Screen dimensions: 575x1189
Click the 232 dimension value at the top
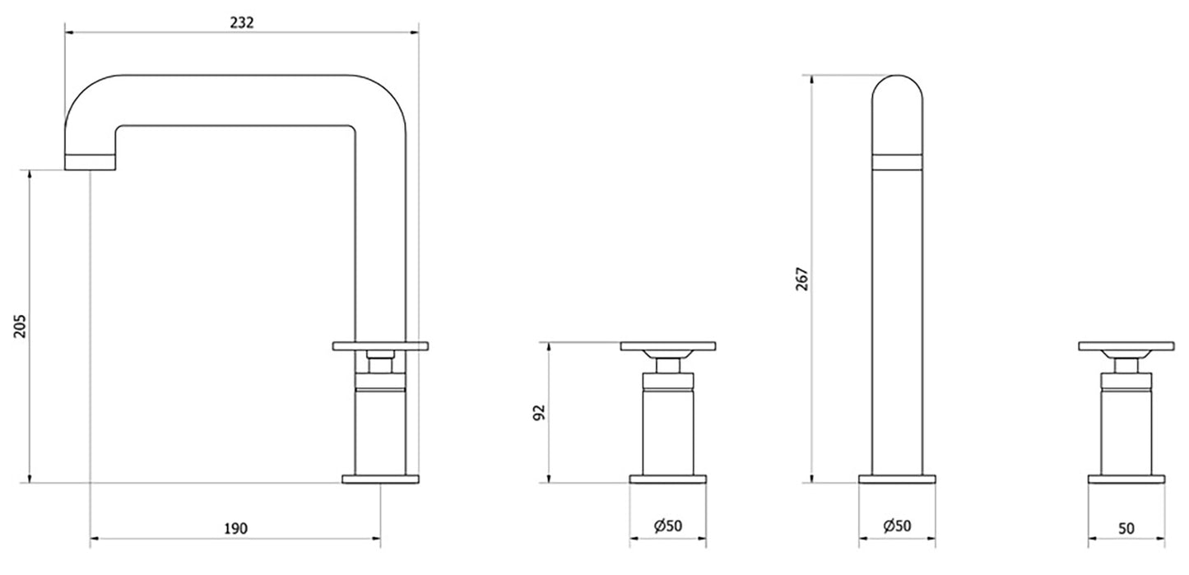[242, 22]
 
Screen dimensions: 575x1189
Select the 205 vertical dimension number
[22, 326]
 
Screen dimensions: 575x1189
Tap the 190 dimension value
[235, 528]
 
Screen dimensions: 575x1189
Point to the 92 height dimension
[540, 411]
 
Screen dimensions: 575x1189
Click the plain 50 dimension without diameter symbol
[1126, 528]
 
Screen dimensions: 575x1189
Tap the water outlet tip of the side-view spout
[89, 162]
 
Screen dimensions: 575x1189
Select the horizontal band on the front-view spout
[897, 161]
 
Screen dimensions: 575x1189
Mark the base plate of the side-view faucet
[381, 479]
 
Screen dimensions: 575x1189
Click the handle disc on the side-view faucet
[381, 345]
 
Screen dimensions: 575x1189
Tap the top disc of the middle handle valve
[668, 346]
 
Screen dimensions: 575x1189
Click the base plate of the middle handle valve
[668, 479]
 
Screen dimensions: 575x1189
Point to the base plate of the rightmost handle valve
[1126, 479]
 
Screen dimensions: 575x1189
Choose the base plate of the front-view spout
[897, 479]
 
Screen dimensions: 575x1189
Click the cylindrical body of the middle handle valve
[668, 432]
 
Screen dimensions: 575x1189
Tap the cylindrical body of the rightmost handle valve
[1126, 432]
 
